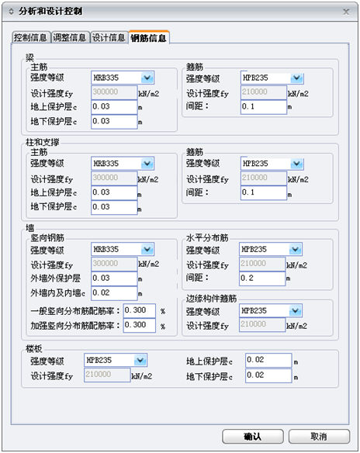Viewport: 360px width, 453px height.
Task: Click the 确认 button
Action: (252, 436)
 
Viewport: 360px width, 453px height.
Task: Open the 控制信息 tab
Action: (31, 37)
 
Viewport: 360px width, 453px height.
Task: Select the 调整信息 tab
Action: (70, 37)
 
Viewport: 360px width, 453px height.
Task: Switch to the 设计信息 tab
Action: (109, 37)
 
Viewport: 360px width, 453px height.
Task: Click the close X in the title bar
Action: (346, 12)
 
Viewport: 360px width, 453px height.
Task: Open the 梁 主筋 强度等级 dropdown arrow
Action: (147, 78)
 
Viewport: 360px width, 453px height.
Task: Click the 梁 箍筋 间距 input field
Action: (263, 107)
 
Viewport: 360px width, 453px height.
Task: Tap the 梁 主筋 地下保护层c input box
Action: (114, 121)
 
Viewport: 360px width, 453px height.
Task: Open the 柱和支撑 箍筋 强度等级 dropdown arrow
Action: (296, 164)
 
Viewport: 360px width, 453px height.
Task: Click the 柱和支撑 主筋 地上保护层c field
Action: (114, 192)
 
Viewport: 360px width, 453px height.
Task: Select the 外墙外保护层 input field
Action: (114, 278)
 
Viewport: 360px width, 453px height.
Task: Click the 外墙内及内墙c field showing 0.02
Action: (114, 293)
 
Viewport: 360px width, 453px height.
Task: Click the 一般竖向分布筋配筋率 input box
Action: (139, 310)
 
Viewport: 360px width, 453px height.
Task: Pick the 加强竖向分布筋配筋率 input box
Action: (139, 325)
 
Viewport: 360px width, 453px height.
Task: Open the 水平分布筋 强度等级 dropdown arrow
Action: (296, 249)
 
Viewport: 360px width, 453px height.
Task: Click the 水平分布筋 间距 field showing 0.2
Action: (262, 278)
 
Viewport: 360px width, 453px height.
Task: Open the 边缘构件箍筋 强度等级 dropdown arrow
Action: (296, 310)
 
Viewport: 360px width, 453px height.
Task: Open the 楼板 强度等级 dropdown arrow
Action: (140, 360)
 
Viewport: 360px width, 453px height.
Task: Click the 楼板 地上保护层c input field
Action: (268, 360)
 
